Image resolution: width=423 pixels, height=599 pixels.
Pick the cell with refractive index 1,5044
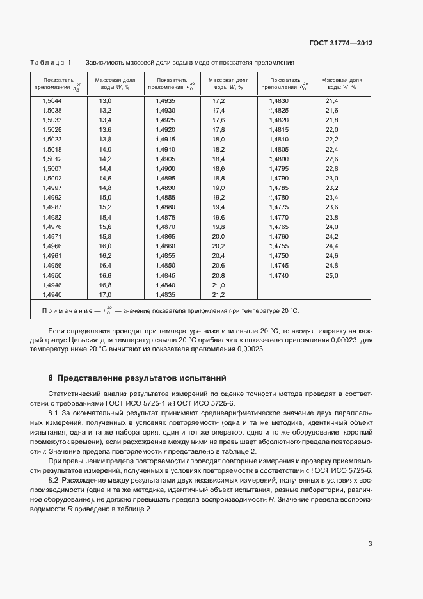pos(52,101)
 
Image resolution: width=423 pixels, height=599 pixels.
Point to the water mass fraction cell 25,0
pos(331,275)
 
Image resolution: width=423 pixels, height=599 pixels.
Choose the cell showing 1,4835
pos(165,294)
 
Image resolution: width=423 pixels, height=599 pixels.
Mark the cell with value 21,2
pos(218,294)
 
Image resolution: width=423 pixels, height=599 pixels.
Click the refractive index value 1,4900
pos(165,168)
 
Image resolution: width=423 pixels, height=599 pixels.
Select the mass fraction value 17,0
pos(105,294)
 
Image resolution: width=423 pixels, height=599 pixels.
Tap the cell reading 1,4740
pos(279,275)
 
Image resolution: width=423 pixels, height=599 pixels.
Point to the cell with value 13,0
pos(105,101)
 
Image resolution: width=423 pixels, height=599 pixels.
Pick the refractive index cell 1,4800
pos(279,159)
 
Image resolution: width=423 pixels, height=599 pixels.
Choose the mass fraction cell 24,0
pos(331,227)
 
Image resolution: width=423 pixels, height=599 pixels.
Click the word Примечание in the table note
pos(65,310)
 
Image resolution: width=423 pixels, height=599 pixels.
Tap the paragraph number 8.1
pos(54,415)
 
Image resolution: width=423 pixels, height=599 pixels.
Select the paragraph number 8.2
pos(54,480)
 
